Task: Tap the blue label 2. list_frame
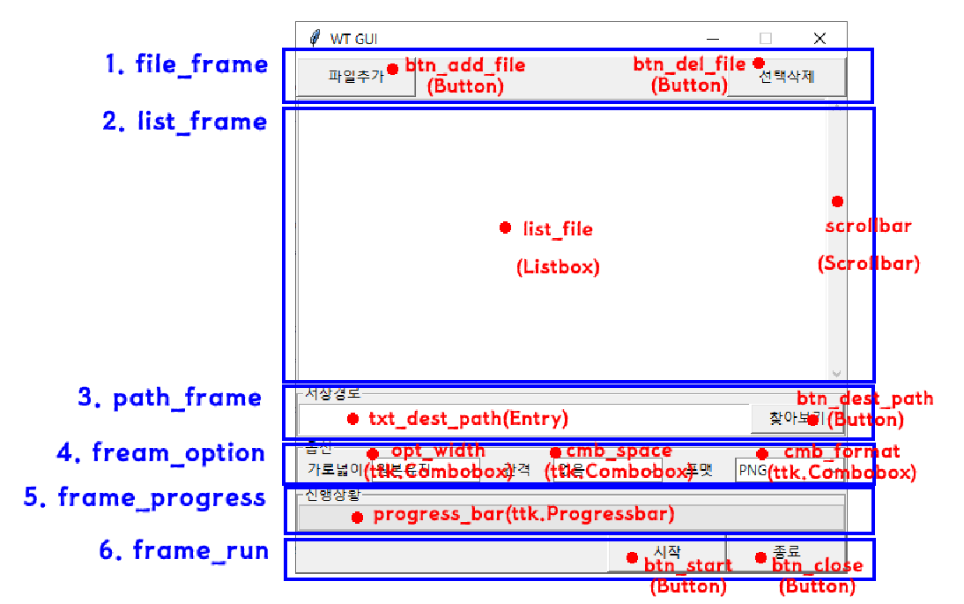tap(185, 122)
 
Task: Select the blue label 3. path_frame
tap(170, 398)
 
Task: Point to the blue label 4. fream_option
tap(161, 453)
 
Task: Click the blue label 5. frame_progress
tap(145, 497)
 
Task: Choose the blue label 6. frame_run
tap(184, 551)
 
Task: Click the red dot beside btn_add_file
tap(393, 69)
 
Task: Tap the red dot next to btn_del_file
tap(759, 63)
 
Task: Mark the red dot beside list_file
tap(505, 227)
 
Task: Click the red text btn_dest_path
tap(864, 399)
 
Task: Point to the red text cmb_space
tap(619, 451)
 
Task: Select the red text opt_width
tap(438, 451)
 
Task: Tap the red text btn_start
tap(687, 565)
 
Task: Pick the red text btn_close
tap(818, 565)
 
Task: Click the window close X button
tap(819, 38)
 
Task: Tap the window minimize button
tap(712, 38)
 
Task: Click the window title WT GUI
tap(354, 39)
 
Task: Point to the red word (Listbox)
tap(558, 267)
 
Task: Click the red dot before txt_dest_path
tap(353, 419)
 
